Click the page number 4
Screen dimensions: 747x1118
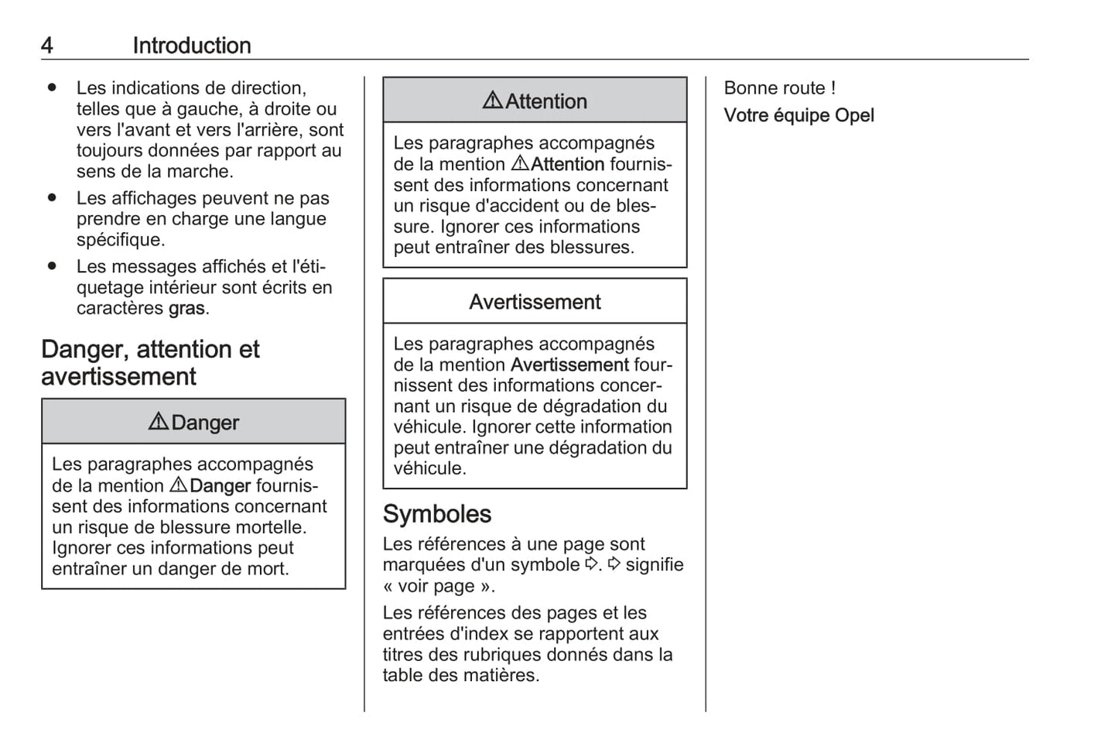[47, 46]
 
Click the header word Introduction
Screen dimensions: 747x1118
[191, 46]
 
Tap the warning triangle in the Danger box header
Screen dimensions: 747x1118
[158, 421]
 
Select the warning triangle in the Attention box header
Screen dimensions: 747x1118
[492, 100]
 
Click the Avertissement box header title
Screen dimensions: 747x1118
[535, 302]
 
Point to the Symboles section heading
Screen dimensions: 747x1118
[437, 514]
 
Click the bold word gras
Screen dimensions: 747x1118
[186, 308]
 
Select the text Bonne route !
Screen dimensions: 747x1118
[779, 88]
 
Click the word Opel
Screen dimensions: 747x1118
[854, 115]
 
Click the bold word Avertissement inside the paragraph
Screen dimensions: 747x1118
[569, 365]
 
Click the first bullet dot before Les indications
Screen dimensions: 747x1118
[52, 87]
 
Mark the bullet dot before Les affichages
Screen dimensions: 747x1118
[52, 197]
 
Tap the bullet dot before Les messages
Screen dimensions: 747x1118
[52, 266]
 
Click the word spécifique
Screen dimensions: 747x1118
[120, 240]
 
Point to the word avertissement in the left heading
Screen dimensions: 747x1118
[118, 377]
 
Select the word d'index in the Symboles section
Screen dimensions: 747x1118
[475, 633]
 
